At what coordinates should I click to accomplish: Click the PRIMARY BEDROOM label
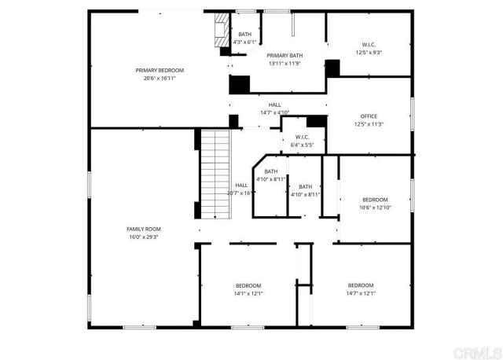coord(159,70)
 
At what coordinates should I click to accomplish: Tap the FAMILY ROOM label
coord(144,228)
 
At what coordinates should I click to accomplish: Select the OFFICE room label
coord(369,116)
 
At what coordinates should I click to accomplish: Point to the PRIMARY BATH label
coord(285,55)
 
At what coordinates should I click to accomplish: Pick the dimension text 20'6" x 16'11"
coord(159,78)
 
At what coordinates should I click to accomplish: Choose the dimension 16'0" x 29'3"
coord(144,236)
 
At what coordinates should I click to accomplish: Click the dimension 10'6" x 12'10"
coord(375,208)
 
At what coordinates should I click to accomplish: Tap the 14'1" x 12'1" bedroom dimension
coord(248,293)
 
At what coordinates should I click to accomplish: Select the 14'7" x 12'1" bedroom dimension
coord(361,293)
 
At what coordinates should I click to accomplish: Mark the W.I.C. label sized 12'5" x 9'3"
coord(369,44)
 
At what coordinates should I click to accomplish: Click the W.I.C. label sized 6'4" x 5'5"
coord(302,137)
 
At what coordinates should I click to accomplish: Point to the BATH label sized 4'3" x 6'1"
coord(245,34)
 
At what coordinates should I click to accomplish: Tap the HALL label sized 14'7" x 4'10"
coord(274,105)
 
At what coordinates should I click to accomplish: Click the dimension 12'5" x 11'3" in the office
coord(369,124)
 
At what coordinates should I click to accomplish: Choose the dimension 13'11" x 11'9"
coord(285,63)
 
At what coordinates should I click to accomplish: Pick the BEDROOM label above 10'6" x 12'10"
coord(375,200)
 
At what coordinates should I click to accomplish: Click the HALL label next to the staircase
coord(242,185)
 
